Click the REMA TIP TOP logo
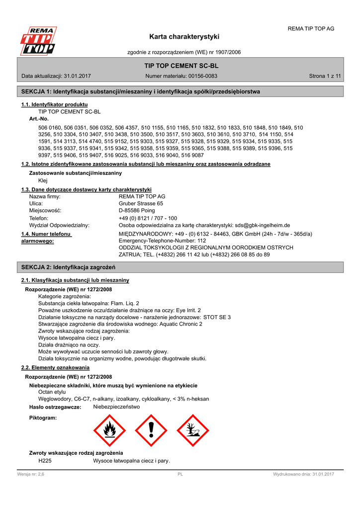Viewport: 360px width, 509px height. point(38,40)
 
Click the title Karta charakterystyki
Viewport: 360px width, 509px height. point(184,37)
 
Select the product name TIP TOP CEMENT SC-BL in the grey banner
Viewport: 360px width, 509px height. point(181,66)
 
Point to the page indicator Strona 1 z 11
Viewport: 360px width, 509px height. point(325,76)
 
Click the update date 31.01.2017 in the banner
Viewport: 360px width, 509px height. point(77,76)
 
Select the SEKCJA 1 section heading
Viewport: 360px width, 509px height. point(140,91)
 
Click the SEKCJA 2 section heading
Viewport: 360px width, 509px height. point(69,267)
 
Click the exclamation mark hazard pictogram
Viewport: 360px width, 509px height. point(151,430)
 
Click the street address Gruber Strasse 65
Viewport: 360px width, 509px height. point(141,203)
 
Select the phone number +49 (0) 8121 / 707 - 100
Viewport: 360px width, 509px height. point(148,218)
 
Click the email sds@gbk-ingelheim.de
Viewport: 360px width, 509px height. point(263,225)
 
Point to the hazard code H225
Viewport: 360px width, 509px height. point(45,461)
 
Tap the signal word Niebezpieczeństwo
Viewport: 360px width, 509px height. point(116,407)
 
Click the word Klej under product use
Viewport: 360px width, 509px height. point(43,180)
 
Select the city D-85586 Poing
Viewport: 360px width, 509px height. point(137,210)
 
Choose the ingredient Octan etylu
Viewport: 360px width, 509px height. point(52,392)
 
